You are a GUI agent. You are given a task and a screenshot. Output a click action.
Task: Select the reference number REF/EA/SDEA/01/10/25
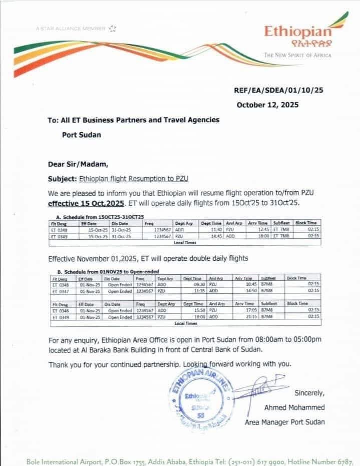(x=279, y=91)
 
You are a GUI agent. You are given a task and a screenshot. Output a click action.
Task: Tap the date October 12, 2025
(x=267, y=105)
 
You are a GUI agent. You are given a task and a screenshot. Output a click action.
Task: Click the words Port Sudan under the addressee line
(x=81, y=135)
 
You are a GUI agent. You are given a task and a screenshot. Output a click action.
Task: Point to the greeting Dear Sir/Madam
(x=78, y=163)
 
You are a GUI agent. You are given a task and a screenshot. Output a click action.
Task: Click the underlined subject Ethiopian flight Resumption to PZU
(x=133, y=178)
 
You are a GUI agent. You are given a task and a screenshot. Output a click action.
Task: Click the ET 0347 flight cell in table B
(x=61, y=290)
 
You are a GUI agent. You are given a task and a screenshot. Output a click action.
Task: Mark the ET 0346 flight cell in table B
(x=61, y=310)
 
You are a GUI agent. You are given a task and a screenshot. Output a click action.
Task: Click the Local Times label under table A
(x=185, y=242)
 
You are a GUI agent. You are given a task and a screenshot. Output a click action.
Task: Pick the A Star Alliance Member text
(x=71, y=29)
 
